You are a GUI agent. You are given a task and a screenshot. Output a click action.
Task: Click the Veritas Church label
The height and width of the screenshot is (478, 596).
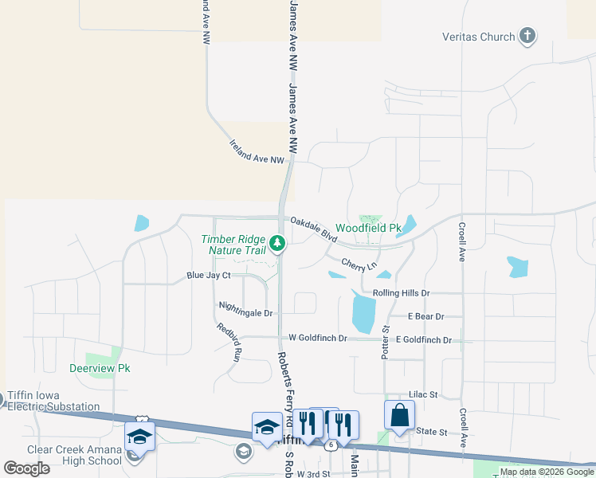478,37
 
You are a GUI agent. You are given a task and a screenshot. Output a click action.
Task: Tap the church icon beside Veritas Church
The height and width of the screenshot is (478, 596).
527,36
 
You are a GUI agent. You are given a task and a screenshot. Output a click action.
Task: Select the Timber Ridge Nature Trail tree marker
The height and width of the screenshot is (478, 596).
276,241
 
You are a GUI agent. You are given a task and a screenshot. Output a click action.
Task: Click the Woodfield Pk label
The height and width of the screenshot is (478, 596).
367,229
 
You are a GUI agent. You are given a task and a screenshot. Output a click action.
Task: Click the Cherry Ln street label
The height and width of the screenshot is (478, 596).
359,264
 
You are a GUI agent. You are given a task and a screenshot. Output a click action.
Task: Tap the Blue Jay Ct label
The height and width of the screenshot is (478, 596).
208,276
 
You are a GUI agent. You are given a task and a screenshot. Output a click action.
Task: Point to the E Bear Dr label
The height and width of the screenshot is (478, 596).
425,316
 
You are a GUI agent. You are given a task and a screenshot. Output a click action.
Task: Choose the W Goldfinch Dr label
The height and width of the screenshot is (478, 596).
318,338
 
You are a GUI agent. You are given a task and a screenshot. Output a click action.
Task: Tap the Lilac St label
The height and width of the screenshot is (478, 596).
423,394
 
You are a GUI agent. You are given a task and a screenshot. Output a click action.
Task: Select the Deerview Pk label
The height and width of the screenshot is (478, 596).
100,368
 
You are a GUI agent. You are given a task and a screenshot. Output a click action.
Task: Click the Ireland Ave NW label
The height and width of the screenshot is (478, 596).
257,152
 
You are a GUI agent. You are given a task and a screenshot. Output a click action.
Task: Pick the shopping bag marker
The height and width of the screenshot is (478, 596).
399,416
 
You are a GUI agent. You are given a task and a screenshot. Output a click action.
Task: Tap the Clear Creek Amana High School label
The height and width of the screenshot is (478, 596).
74,455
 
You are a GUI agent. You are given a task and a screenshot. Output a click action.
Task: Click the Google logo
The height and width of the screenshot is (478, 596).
27,468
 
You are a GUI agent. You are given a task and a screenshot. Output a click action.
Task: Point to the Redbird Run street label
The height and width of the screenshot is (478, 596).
228,343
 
